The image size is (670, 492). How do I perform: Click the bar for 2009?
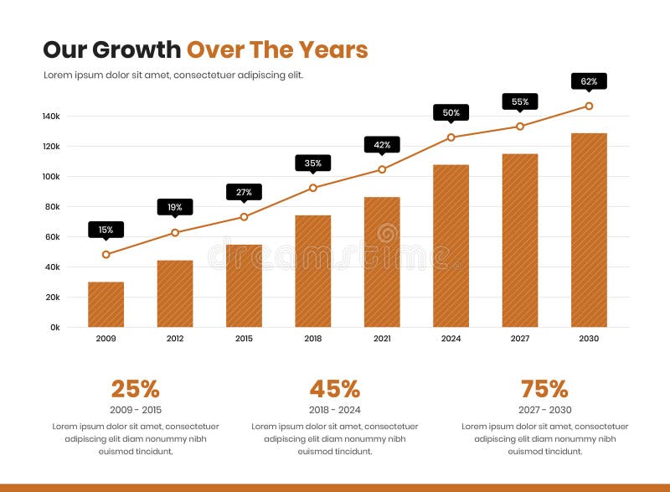point(106,304)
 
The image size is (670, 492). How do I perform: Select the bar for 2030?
point(589,230)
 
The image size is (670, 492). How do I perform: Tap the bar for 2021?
point(382,262)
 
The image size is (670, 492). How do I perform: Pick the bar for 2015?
point(244,286)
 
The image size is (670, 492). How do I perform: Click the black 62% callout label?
point(589,80)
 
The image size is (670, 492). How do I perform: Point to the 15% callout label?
point(106,229)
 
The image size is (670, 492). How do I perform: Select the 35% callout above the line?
point(312,163)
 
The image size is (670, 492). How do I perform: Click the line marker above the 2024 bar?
point(451,137)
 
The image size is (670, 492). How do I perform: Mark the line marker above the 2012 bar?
point(175,232)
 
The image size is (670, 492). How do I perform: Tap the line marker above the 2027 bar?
point(520,127)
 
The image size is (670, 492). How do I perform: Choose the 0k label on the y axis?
point(54,328)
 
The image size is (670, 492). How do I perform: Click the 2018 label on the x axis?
point(312,339)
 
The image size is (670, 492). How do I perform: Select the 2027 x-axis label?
point(520,339)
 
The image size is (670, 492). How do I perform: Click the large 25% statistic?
point(135,389)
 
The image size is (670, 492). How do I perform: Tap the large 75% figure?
point(544,389)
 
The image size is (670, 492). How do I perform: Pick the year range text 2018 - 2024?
point(334,410)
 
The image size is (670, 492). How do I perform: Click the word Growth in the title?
point(136,49)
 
